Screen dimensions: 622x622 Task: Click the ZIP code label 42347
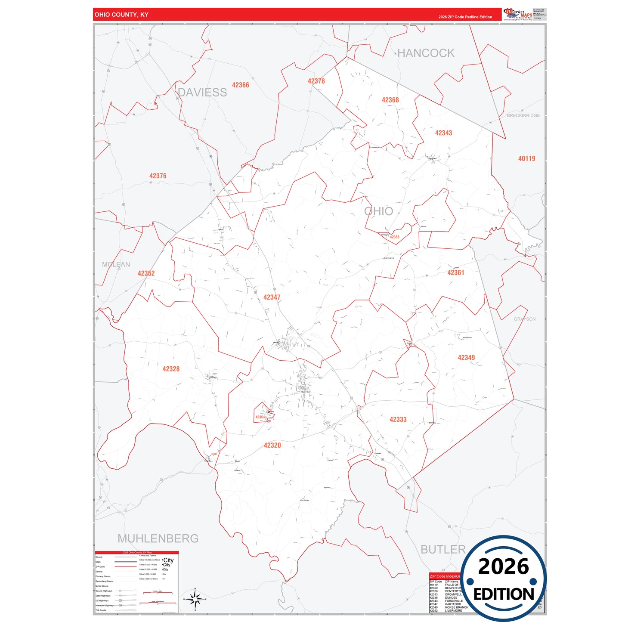coord(272,297)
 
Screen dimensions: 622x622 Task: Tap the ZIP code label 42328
coord(171,369)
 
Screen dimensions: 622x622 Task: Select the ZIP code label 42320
coord(272,446)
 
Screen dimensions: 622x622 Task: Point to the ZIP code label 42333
coord(398,420)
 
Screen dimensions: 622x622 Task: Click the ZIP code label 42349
coord(466,358)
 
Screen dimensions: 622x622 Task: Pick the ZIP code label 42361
coord(455,273)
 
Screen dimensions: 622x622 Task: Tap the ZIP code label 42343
coord(443,133)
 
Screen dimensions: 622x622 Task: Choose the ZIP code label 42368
coord(390,100)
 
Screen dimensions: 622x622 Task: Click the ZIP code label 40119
coord(526,159)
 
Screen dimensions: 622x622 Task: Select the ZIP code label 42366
coord(240,85)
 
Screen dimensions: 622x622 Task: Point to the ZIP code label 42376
coord(158,176)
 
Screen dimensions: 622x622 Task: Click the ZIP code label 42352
coord(146,273)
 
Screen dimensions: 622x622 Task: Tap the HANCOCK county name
coord(426,53)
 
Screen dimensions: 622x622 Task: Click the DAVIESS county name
coord(202,93)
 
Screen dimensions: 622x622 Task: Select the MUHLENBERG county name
coord(158,538)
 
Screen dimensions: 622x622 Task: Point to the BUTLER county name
coord(443,550)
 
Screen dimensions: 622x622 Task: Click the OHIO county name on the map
coord(378,211)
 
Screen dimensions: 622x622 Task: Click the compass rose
coord(195,599)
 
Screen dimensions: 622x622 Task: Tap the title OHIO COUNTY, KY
coord(121,15)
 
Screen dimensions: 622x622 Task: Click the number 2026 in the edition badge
coord(503,566)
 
